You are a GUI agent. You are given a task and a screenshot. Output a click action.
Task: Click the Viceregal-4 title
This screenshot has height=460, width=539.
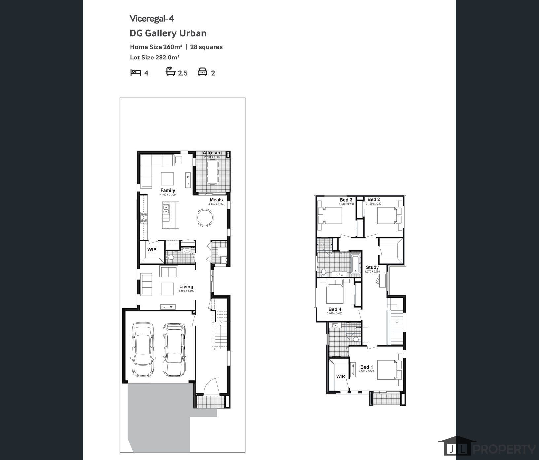point(152,19)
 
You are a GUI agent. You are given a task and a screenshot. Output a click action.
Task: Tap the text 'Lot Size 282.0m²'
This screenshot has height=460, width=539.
point(155,57)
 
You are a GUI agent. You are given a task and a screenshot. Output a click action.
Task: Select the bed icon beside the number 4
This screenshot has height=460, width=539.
point(136,72)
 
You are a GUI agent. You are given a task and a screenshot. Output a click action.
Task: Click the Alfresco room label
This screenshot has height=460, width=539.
point(212,153)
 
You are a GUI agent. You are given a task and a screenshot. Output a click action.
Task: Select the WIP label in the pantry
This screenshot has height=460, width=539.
point(152,250)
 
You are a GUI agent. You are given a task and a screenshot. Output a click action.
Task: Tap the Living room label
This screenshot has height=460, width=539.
point(186,287)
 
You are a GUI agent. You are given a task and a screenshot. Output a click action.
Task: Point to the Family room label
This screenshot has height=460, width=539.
point(168,190)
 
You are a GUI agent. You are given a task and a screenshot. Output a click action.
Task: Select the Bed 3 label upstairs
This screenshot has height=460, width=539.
point(346,200)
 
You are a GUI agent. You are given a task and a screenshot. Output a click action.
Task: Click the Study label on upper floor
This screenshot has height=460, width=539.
point(372,267)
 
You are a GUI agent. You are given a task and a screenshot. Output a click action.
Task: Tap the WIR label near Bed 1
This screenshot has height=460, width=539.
point(341,376)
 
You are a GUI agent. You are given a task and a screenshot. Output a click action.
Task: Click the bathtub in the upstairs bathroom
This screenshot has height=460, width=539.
point(355,263)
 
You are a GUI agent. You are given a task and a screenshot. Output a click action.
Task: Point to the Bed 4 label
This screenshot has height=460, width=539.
point(335,309)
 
